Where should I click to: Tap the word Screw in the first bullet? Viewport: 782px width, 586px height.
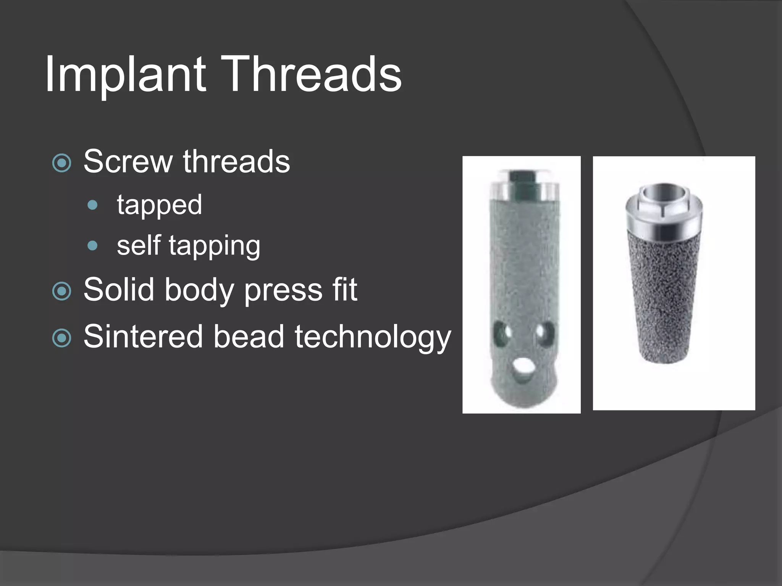pyautogui.click(x=128, y=162)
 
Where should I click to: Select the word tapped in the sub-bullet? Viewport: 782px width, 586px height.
pyautogui.click(x=159, y=205)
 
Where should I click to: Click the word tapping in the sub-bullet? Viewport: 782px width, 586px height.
pyautogui.click(x=214, y=246)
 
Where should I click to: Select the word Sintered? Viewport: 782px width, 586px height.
pyautogui.click(x=143, y=336)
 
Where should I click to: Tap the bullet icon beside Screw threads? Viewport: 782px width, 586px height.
pyautogui.click(x=61, y=163)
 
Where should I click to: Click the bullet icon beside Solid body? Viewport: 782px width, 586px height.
pyautogui.click(x=61, y=291)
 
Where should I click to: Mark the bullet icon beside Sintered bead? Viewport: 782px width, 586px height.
pyautogui.click(x=61, y=338)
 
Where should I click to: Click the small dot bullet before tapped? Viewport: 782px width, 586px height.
pyautogui.click(x=92, y=205)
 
